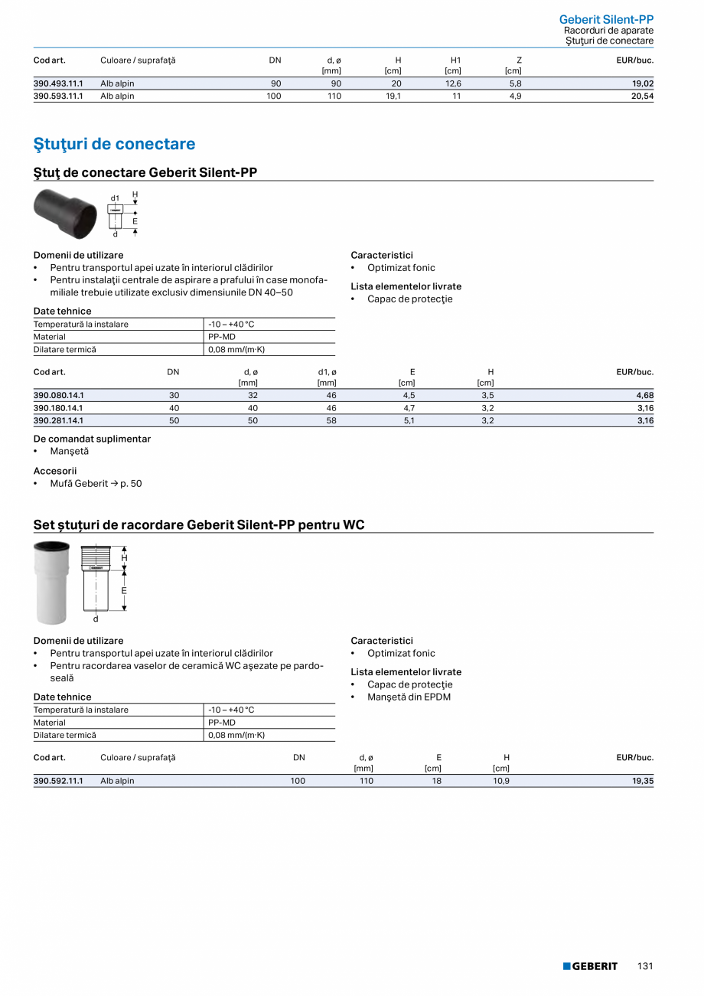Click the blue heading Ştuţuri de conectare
114,144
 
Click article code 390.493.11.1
58,83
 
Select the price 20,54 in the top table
642,96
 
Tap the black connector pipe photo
67,214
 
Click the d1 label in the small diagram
115,198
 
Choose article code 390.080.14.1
58,395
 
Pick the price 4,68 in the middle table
644,395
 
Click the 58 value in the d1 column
331,420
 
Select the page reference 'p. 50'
131,484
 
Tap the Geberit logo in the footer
590,966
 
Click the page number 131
645,966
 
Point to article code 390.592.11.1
58,781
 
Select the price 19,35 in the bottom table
642,781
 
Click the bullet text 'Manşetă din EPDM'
409,697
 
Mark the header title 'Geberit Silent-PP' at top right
606,19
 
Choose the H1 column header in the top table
456,60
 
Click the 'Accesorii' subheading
55,471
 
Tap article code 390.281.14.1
58,420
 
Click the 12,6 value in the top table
453,83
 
